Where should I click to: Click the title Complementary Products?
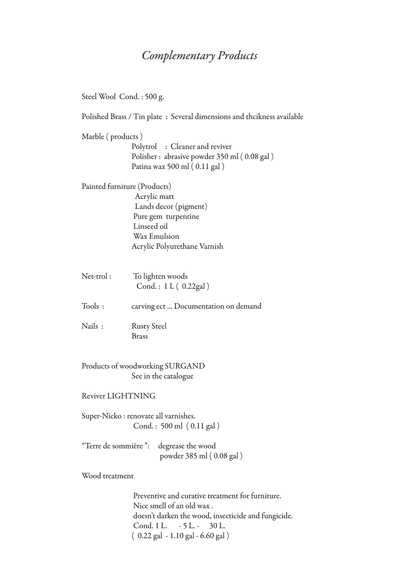[x=199, y=55]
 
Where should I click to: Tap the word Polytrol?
[x=144, y=146]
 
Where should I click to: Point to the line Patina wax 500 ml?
[x=178, y=166]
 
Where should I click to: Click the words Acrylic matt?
[x=154, y=196]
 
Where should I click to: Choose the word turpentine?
[x=182, y=216]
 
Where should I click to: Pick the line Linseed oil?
[x=150, y=226]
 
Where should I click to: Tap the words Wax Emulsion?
[x=156, y=236]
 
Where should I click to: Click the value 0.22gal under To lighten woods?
[x=194, y=286]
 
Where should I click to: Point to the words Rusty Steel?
[x=149, y=326]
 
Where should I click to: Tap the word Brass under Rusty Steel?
[x=140, y=336]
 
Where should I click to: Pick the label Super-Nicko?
[x=101, y=416]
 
